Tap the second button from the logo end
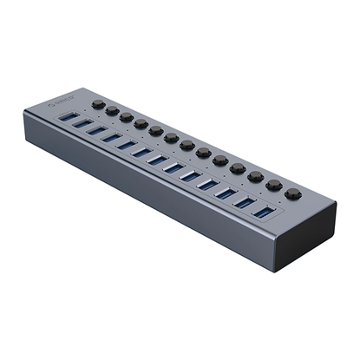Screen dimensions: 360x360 pos(113,110)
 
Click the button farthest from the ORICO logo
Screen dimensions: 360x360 pos(293,193)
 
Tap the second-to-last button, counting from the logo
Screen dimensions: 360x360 pos(275,185)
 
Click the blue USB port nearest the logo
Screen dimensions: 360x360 pos(72,117)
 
